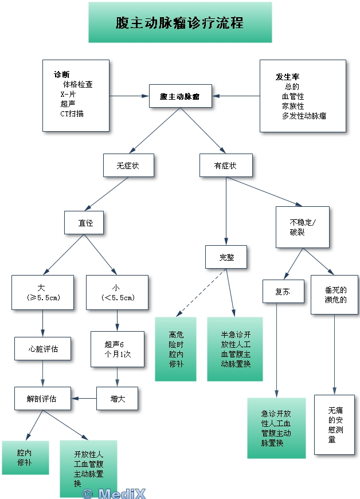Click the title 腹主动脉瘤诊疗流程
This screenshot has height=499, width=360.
pyautogui.click(x=180, y=23)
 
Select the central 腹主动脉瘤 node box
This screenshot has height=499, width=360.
pyautogui.click(x=180, y=96)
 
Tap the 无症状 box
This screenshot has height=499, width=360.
pyautogui.click(x=128, y=166)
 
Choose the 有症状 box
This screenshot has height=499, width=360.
pyautogui.click(x=225, y=166)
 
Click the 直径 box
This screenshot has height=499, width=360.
pyautogui.click(x=85, y=223)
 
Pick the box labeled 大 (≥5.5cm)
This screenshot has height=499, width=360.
pyautogui.click(x=43, y=293)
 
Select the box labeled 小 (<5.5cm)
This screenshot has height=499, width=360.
pyautogui.click(x=117, y=293)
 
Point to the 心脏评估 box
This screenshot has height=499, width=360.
pyautogui.click(x=43, y=348)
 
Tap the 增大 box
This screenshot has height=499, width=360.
pyautogui.click(x=118, y=398)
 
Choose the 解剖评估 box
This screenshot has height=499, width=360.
pyautogui.click(x=43, y=398)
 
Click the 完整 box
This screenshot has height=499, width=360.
pyautogui.click(x=226, y=257)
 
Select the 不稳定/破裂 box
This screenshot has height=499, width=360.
pyautogui.click(x=302, y=227)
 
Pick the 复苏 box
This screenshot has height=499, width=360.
pyautogui.click(x=279, y=291)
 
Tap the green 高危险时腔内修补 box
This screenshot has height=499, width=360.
pyautogui.click(x=175, y=349)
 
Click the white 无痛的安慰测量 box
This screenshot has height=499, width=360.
pyautogui.click(x=334, y=425)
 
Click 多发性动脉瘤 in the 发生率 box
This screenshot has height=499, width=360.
pyautogui.click(x=304, y=116)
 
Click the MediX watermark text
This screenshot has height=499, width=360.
pyautogui.click(x=114, y=493)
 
